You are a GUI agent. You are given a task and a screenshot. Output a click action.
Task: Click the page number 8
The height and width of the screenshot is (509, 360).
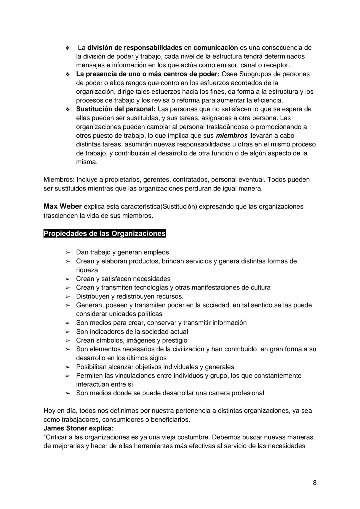click(315, 483)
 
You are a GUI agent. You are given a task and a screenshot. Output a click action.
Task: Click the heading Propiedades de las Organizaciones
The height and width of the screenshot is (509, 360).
click(104, 233)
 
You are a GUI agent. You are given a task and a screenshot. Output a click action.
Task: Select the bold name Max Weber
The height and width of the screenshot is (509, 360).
click(62, 206)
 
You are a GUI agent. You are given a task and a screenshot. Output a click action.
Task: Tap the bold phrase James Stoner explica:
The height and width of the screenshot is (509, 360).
click(78, 428)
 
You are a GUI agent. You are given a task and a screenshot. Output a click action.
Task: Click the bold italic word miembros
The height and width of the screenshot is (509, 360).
click(232, 136)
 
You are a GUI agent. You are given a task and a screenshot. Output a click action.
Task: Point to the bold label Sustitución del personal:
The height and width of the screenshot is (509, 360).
click(116, 109)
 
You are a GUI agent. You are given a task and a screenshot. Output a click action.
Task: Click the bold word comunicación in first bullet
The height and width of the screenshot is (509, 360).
click(215, 48)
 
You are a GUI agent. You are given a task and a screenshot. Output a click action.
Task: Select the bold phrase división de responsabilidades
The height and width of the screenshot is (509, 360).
click(135, 48)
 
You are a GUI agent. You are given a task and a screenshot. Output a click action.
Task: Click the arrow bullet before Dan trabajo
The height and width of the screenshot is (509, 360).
click(68, 252)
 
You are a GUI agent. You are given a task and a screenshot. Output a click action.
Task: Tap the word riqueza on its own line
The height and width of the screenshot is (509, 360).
click(87, 270)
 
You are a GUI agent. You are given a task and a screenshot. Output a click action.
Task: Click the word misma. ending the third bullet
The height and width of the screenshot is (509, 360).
click(87, 162)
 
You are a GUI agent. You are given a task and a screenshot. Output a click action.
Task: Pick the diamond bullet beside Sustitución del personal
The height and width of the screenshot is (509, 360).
click(68, 109)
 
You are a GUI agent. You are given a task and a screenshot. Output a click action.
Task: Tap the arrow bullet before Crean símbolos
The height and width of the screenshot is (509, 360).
click(68, 341)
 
